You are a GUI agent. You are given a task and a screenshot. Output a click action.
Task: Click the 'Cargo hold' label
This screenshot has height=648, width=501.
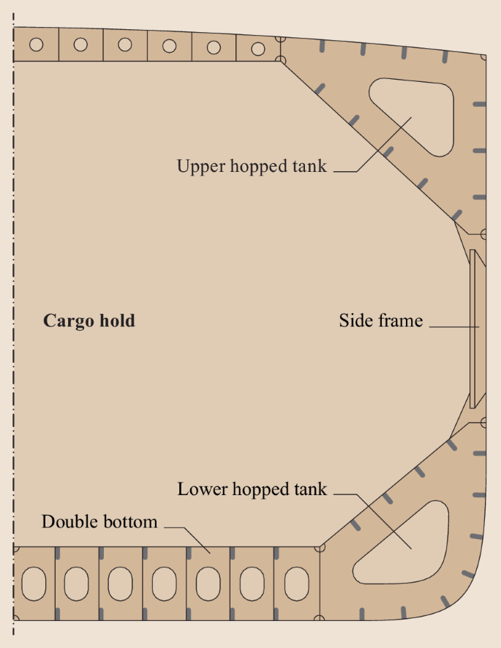(x=89, y=321)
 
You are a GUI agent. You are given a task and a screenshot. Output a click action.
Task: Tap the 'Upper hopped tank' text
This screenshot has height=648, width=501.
(x=252, y=166)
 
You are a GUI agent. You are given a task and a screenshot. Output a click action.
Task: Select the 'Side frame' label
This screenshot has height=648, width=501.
(x=381, y=320)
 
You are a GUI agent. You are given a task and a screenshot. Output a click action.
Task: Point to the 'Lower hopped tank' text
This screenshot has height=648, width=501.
(x=252, y=489)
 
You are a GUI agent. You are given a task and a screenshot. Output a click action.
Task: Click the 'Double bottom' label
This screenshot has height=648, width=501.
(x=99, y=522)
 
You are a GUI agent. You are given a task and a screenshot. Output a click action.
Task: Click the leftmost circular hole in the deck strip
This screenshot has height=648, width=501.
(x=37, y=44)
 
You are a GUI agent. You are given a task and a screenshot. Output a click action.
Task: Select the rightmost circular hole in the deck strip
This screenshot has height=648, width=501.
(x=258, y=49)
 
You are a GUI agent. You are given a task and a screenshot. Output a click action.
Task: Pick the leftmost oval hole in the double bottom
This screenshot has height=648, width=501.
(x=34, y=584)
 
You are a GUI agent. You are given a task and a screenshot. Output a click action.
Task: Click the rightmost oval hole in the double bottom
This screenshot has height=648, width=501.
(x=297, y=584)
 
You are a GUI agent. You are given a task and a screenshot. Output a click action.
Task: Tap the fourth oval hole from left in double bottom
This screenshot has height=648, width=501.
(x=165, y=584)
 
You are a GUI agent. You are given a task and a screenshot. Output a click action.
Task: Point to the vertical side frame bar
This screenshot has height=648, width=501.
(x=472, y=329)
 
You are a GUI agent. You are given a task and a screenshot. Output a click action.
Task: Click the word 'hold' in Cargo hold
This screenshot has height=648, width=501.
(x=118, y=320)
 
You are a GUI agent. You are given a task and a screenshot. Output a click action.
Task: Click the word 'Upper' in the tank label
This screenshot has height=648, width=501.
(x=201, y=167)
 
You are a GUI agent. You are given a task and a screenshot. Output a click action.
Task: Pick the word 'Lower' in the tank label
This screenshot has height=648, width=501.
(x=203, y=489)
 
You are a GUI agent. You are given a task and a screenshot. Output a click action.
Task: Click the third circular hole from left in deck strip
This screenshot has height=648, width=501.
(x=125, y=45)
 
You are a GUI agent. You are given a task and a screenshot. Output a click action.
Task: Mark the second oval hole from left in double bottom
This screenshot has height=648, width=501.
(x=77, y=584)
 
